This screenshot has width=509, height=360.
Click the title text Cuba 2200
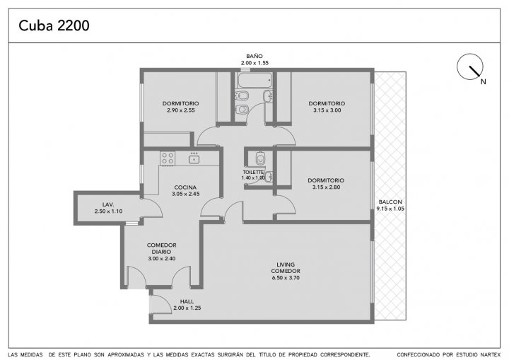tap(54, 25)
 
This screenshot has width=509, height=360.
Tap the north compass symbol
tap(469, 66)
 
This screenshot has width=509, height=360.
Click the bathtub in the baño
tap(255, 80)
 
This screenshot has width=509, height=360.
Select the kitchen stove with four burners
tap(168, 158)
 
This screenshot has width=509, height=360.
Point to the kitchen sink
tap(194, 159)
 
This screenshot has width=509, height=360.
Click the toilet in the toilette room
tap(260, 158)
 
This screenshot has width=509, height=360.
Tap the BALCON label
tap(390, 202)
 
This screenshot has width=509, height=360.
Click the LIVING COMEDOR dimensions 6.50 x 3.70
tap(286, 278)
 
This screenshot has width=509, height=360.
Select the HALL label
tap(187, 301)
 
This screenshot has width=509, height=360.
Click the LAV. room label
tap(108, 204)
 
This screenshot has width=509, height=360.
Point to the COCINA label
tap(185, 187)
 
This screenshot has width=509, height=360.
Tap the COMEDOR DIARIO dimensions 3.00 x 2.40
tap(162, 259)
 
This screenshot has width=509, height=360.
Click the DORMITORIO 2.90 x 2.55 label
tap(181, 107)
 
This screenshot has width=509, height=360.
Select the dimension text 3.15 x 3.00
tap(327, 110)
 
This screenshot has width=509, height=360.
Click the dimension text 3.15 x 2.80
tap(326, 187)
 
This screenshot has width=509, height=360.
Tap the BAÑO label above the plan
tap(255, 56)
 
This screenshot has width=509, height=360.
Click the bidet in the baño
tap(242, 95)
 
